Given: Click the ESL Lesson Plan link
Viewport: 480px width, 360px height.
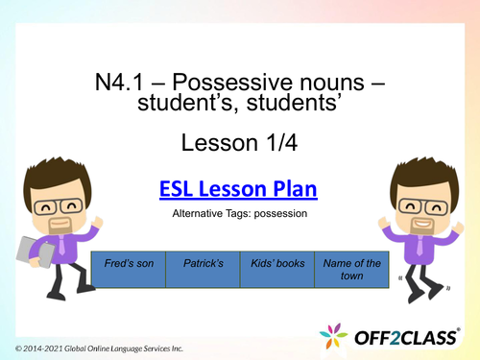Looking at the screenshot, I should [x=237, y=190].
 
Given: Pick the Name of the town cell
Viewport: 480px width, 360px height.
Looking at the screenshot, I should [x=351, y=269].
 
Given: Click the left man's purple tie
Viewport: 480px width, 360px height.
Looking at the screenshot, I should [x=62, y=249].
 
